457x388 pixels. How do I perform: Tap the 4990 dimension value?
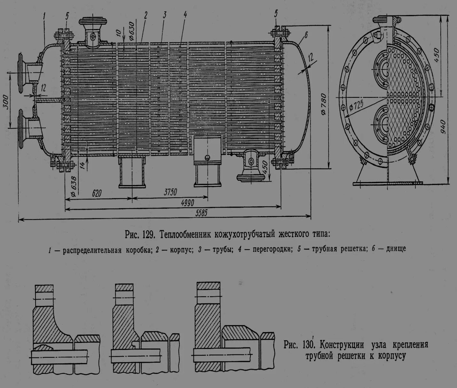tap(187, 203)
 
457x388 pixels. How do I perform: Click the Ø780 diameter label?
tap(323, 104)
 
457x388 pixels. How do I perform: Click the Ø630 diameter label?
tap(132, 31)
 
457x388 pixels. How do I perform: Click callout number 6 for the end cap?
tap(306, 35)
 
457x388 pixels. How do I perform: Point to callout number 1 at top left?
tap(45, 15)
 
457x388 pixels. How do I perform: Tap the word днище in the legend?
tap(396, 249)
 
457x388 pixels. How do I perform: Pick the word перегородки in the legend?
tap(272, 249)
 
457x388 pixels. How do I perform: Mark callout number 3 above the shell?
tap(165, 15)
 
